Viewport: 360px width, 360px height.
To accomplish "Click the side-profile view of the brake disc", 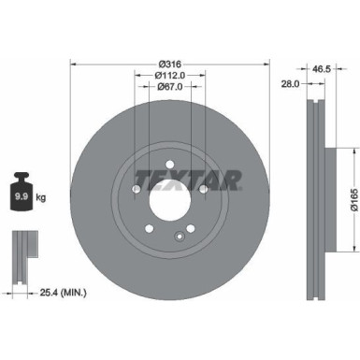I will [x=313, y=195].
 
